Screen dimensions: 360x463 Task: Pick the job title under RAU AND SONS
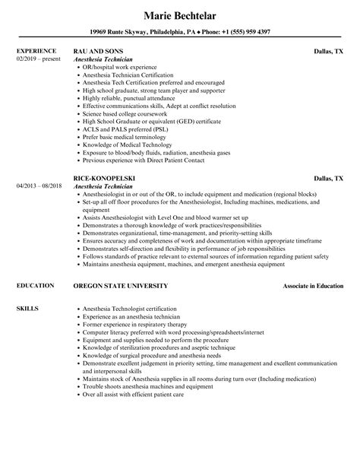(107, 59)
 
